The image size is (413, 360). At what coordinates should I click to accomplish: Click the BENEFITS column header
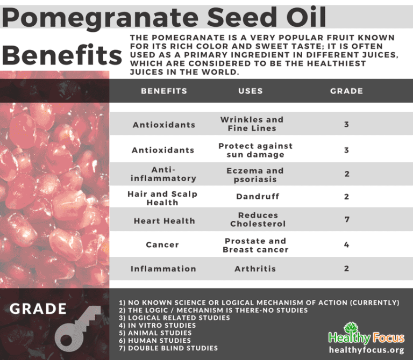click(164, 91)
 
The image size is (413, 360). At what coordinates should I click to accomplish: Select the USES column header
click(251, 91)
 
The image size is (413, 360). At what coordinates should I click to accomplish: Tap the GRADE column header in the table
click(346, 91)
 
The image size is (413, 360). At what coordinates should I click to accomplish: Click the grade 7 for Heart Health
click(347, 220)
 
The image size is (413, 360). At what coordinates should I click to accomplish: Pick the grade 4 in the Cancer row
click(347, 244)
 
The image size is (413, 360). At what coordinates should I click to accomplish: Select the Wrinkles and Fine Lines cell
click(252, 124)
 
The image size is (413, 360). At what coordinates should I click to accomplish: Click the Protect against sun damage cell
click(255, 150)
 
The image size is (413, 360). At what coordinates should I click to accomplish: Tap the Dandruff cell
click(258, 197)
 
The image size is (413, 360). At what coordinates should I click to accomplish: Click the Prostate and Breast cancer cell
click(255, 245)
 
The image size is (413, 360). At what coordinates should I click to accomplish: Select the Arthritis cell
click(255, 269)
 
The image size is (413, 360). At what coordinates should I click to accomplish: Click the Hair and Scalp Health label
click(162, 198)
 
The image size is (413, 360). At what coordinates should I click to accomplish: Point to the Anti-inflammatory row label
click(164, 174)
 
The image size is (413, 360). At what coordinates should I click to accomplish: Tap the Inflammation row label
click(163, 269)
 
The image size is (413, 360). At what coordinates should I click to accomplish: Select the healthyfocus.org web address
click(366, 350)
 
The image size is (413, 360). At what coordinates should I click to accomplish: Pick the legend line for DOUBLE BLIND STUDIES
click(168, 348)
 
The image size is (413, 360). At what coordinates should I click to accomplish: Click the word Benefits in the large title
click(62, 56)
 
